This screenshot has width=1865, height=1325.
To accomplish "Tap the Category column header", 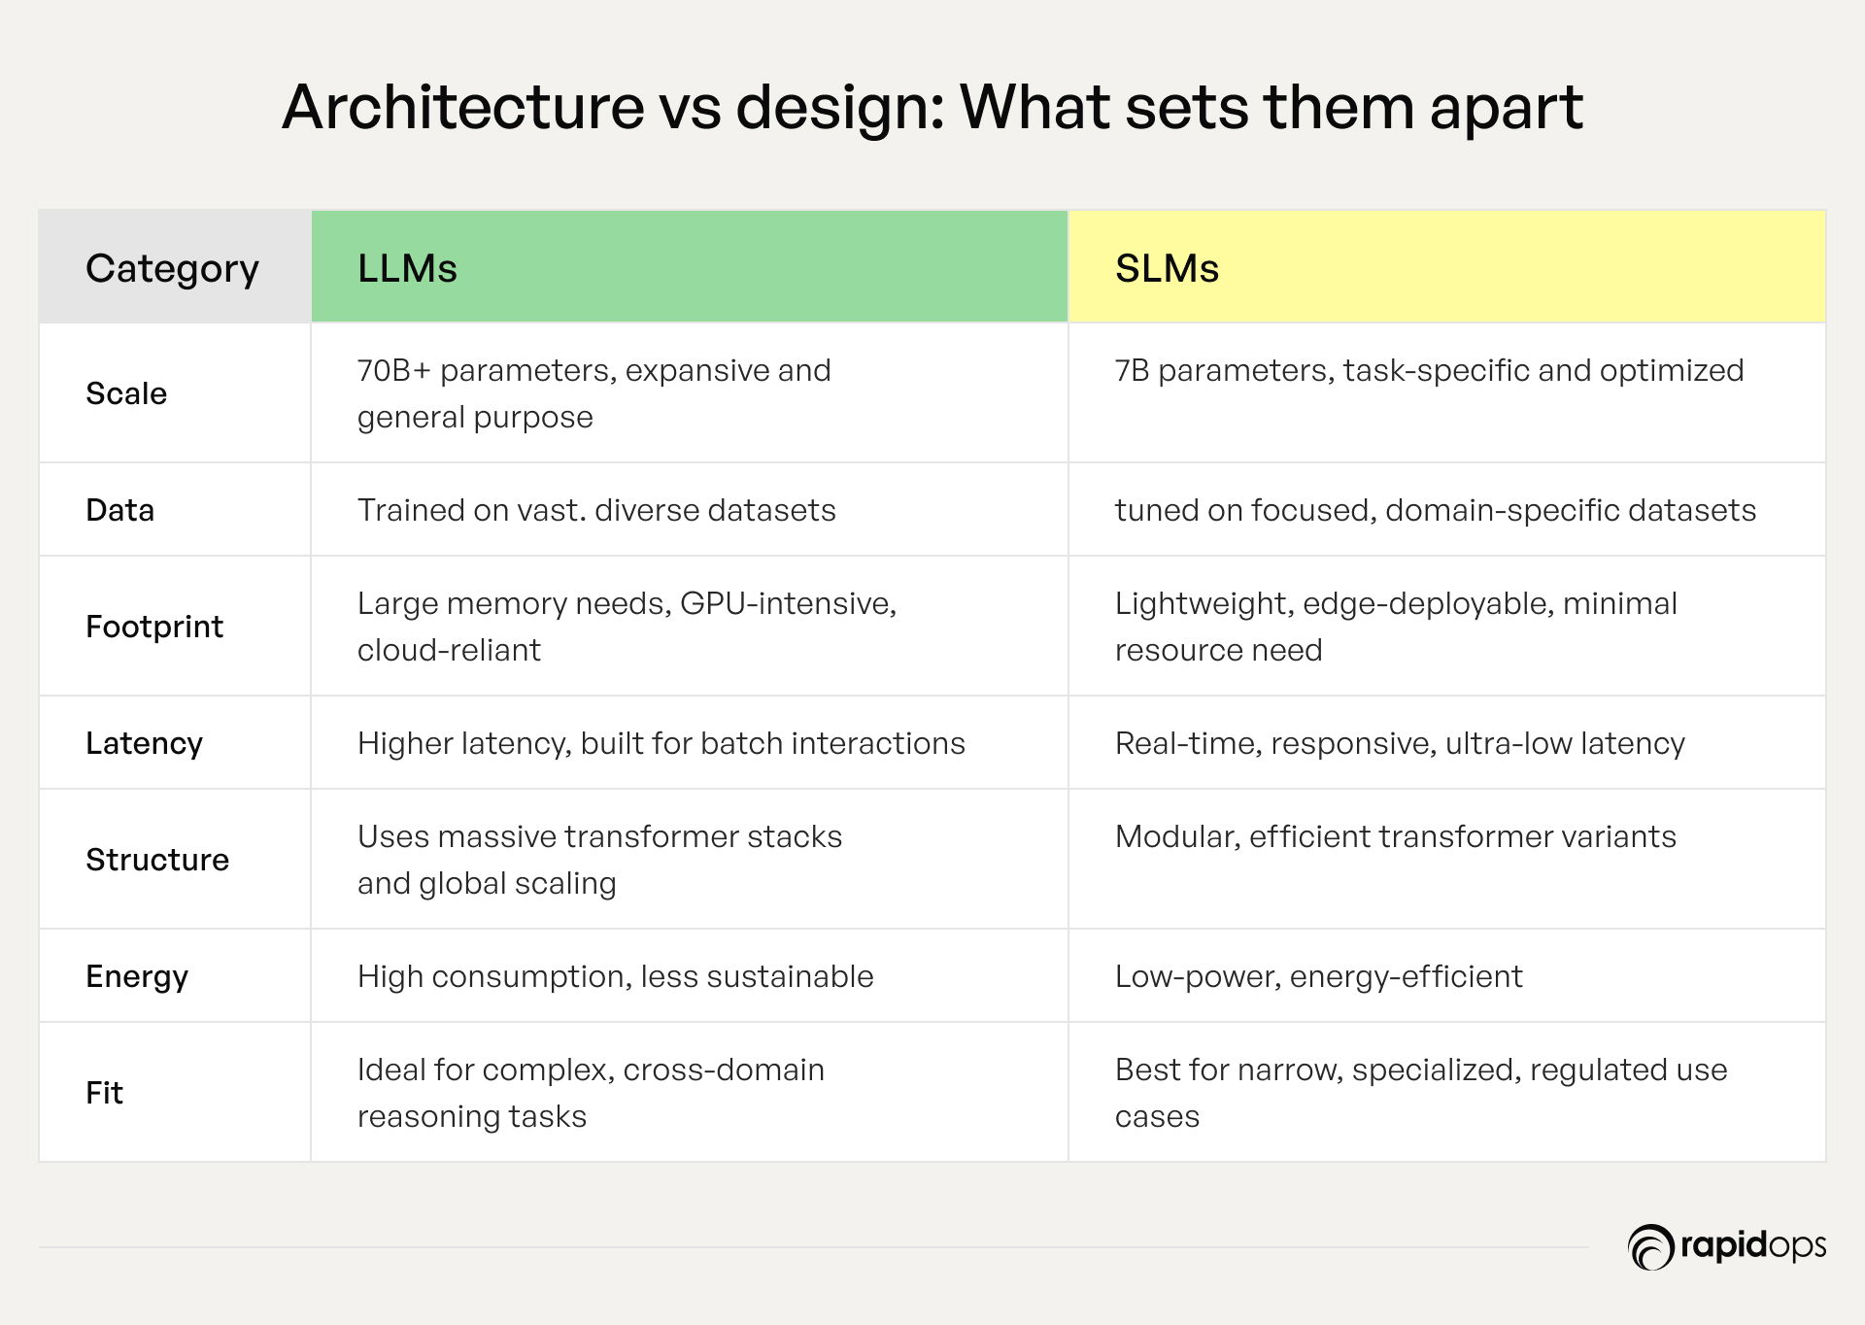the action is [172, 268].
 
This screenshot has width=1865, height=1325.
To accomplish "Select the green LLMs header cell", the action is [690, 266].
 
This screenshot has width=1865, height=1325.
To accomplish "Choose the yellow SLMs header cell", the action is [1447, 266].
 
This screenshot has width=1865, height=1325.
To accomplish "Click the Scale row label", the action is [126, 393].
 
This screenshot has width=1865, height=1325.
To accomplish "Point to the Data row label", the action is [119, 510].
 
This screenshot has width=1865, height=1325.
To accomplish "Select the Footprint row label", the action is [154, 627].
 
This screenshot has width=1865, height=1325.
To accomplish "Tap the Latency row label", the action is [144, 743].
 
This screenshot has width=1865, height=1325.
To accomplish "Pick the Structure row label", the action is [157, 860].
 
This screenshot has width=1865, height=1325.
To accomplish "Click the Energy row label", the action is [137, 976].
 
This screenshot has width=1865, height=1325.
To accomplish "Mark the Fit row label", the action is [104, 1093].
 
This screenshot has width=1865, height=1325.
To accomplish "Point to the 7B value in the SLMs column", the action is [1132, 370].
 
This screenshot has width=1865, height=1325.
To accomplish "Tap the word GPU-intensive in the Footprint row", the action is [788, 604].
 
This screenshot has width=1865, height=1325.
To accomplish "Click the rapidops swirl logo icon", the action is [1650, 1247].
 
